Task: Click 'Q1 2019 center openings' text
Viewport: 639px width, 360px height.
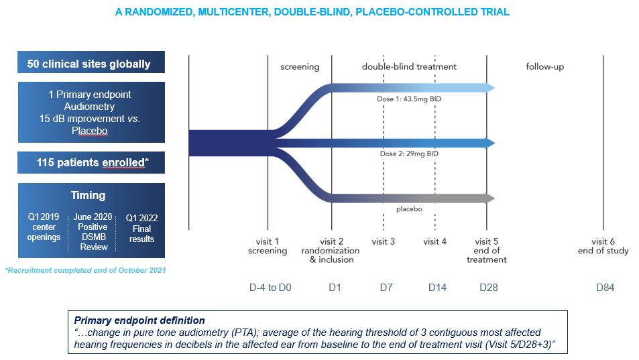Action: pyautogui.click(x=44, y=227)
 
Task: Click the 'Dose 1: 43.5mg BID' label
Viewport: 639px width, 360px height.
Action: pyautogui.click(x=408, y=99)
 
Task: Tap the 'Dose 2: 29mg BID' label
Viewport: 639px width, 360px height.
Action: pyautogui.click(x=408, y=154)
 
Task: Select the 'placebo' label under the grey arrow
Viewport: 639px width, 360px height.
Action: pyautogui.click(x=409, y=208)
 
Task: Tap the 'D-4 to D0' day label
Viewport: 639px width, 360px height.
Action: pyautogui.click(x=270, y=288)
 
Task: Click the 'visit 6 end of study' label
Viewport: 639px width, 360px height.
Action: pyautogui.click(x=603, y=246)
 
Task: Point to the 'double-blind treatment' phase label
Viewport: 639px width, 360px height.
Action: pyautogui.click(x=409, y=66)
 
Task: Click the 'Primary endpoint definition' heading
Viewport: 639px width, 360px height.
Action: pyautogui.click(x=139, y=320)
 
